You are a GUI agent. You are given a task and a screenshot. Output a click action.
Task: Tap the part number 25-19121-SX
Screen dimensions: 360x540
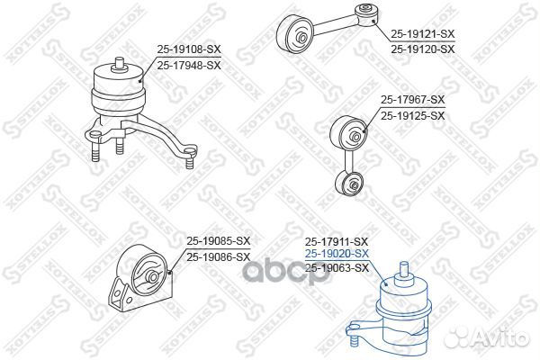[x=422, y=33]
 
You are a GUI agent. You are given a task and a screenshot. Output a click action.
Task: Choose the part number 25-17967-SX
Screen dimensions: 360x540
[x=412, y=101]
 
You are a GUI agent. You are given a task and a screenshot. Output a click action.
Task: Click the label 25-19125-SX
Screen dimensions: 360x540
[x=412, y=115]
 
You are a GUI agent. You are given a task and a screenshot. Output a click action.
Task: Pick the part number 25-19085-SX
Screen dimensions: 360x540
[x=218, y=241]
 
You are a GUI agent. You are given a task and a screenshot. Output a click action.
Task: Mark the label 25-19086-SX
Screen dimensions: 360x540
[x=218, y=256]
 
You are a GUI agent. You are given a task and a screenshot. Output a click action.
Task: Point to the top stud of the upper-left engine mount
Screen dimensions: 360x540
[x=117, y=63]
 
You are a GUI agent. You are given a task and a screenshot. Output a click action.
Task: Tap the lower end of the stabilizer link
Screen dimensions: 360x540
[x=349, y=186]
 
